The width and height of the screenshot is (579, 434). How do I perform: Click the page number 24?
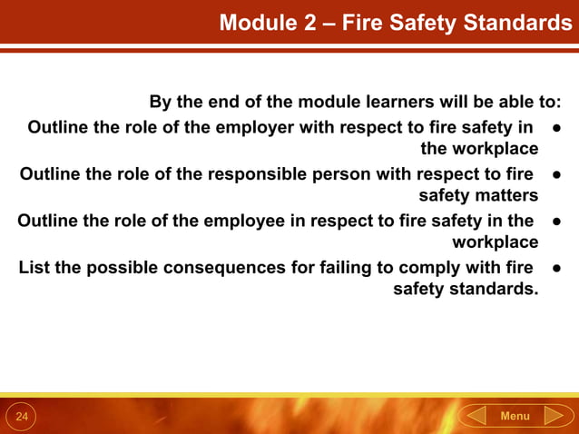22,417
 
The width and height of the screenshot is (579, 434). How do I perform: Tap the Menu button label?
515,416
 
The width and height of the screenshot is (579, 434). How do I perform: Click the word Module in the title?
256,23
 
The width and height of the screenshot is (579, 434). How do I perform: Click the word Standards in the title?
517,23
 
